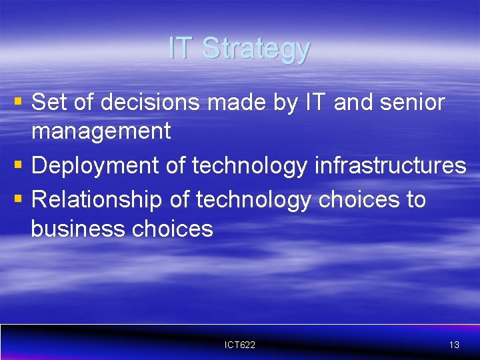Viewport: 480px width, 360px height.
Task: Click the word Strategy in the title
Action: (x=256, y=49)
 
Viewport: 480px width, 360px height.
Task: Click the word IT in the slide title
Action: (x=181, y=48)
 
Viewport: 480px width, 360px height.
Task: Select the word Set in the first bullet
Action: (x=48, y=103)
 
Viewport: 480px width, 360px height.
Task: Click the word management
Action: (x=101, y=131)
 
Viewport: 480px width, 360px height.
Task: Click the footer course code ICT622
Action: (x=240, y=345)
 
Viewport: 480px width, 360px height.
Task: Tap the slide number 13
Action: (x=454, y=345)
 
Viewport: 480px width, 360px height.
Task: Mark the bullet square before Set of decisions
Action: (x=18, y=102)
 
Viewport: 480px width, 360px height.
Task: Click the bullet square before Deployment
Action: (x=18, y=165)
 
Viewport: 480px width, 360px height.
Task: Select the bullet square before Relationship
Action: (x=18, y=198)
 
